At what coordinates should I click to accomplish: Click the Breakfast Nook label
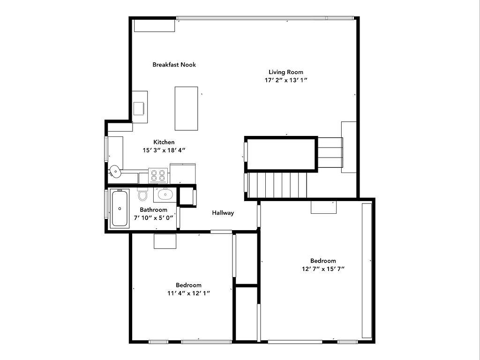174,65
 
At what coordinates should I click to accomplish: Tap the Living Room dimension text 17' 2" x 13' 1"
286,80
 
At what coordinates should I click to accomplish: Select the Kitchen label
164,142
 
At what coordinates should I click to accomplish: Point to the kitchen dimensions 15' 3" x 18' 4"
164,150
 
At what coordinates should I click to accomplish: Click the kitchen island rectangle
186,108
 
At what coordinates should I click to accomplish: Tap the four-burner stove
158,175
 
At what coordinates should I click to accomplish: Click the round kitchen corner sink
115,171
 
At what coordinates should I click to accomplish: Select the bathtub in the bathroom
120,209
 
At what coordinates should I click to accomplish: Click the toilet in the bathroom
142,194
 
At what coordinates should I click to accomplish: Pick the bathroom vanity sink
165,195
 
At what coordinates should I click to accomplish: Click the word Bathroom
153,210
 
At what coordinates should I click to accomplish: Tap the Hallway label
223,213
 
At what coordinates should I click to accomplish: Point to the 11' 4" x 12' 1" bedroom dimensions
188,293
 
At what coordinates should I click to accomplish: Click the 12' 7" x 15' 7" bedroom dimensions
323,269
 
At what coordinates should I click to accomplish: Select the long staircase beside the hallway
277,185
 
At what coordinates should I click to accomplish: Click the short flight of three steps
330,152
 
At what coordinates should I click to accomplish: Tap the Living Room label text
286,72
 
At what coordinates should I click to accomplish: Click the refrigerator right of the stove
182,173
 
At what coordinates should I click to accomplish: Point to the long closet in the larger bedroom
367,270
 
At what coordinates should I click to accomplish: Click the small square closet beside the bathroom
187,196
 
